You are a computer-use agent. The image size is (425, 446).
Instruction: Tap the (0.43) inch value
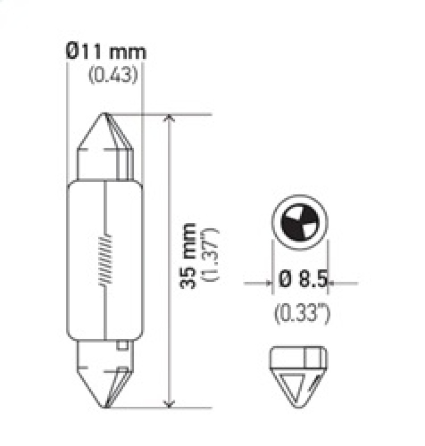coord(113,75)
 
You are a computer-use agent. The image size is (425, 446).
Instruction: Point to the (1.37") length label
coord(207,256)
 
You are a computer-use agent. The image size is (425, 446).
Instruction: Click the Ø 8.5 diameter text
coord(300,279)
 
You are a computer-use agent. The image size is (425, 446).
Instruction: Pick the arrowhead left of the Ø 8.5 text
coord(268,282)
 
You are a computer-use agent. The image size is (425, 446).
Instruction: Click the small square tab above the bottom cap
coord(123,346)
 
